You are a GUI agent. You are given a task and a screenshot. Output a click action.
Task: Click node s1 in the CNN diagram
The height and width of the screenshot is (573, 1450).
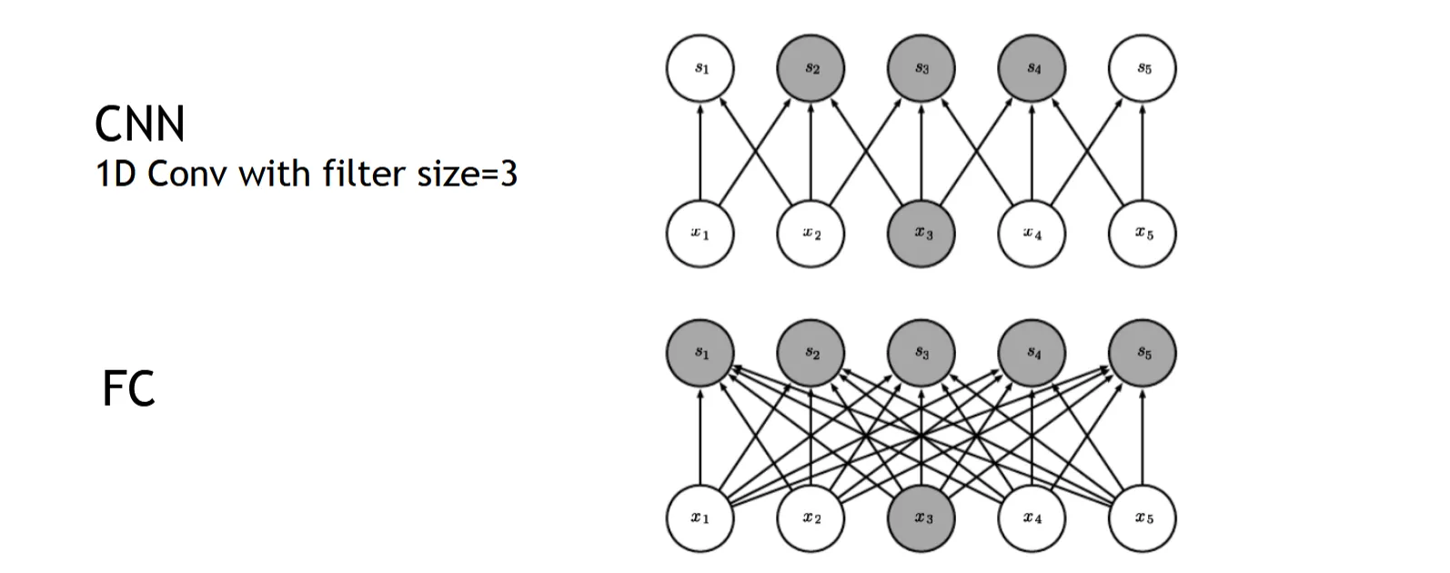click(x=700, y=69)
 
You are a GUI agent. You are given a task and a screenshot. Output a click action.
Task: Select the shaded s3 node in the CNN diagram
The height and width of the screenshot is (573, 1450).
click(x=922, y=69)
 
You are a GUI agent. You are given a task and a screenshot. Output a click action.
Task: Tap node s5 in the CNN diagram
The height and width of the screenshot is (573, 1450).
click(x=1143, y=69)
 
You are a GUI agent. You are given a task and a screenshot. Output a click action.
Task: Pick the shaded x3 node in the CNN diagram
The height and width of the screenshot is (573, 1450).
click(x=922, y=234)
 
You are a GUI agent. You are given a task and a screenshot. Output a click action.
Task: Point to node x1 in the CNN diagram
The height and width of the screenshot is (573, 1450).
click(x=700, y=234)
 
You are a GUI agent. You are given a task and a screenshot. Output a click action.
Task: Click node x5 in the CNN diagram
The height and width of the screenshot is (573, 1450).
click(x=1143, y=234)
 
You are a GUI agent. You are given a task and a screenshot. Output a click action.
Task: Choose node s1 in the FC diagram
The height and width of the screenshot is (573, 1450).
click(x=700, y=353)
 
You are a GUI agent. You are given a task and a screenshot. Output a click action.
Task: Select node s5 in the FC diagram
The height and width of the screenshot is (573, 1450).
click(x=1143, y=353)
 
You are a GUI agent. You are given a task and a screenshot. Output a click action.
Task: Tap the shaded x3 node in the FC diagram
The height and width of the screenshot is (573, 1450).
click(x=922, y=518)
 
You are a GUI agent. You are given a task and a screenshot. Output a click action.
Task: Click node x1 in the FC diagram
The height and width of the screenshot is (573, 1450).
click(x=700, y=518)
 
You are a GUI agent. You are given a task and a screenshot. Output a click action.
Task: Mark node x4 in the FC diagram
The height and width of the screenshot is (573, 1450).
click(x=1032, y=518)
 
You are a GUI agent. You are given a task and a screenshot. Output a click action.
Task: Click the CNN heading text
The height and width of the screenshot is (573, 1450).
click(x=139, y=125)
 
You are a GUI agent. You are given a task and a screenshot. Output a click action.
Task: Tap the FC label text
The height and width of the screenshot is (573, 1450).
click(x=128, y=388)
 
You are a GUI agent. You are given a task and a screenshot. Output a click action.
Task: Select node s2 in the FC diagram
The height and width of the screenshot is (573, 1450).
click(x=811, y=353)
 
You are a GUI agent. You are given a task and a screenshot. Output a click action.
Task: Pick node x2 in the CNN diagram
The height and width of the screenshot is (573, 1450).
click(x=811, y=234)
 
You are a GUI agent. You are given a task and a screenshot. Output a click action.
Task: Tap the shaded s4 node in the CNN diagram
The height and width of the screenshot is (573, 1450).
click(x=1032, y=69)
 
